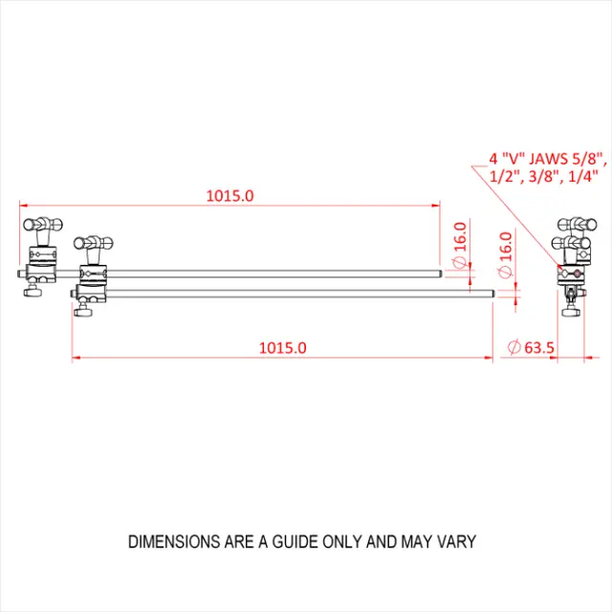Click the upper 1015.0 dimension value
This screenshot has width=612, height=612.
coord(229,196)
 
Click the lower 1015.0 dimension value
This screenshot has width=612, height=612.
coord(282,348)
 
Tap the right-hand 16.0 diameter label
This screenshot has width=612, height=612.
coord(505,247)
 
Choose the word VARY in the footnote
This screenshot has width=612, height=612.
coord(455,541)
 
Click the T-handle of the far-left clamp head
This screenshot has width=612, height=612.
coord(43,224)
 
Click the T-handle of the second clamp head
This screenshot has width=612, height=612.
coord(95,242)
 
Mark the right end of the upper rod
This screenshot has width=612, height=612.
coord(440,275)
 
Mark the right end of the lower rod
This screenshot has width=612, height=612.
coord(492,294)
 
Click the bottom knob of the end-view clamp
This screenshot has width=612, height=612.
coord(572,308)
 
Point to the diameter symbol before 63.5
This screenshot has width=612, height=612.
coord(514,348)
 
